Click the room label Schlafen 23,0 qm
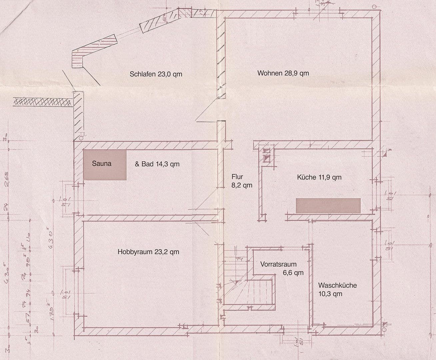pyautogui.click(x=156, y=74)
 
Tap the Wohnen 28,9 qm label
pyautogui.click(x=283, y=73)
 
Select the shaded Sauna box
pyautogui.click(x=105, y=165)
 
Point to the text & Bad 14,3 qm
pyautogui.click(x=157, y=164)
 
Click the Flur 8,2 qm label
pyautogui.click(x=241, y=181)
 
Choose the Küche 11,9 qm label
pyautogui.click(x=319, y=177)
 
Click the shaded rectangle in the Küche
pyautogui.click(x=328, y=205)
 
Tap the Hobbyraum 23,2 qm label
pyautogui.click(x=148, y=252)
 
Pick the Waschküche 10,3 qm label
pyautogui.click(x=337, y=289)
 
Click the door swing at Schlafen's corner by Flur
pyautogui.click(x=207, y=113)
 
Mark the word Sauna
pyautogui.click(x=101, y=164)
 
